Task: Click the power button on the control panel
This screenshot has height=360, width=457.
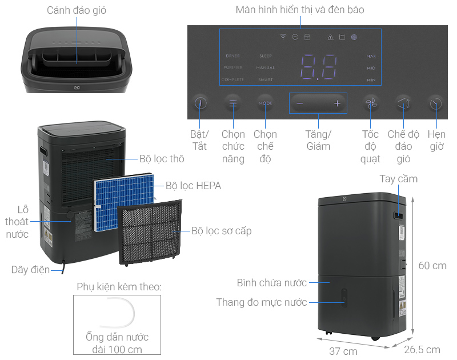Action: pos(200,103)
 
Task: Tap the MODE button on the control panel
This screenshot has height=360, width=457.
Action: pos(265,103)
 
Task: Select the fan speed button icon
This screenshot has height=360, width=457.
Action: pos(370,103)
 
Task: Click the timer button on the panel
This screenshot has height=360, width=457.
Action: pos(436,103)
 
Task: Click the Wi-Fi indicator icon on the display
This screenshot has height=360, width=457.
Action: pos(282,37)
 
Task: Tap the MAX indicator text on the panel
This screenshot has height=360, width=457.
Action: pos(371,56)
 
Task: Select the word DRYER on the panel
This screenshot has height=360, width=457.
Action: pos(232,56)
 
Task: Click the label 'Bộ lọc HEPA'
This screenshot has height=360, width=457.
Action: pos(193,186)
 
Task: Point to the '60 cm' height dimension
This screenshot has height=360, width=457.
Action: pos(432,266)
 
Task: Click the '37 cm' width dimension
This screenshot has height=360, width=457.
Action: pos(343,350)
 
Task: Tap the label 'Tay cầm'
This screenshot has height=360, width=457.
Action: pos(398,179)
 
